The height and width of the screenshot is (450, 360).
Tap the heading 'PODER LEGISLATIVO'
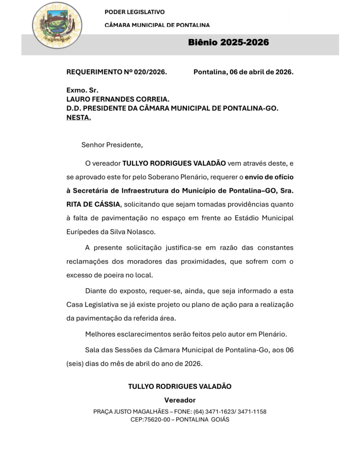pyautogui.click(x=135, y=12)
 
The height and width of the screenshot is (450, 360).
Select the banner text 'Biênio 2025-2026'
pyautogui.click(x=228, y=43)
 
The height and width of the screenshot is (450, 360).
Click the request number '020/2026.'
pyautogui.click(x=151, y=72)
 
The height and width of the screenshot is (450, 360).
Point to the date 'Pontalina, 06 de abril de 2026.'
pyautogui.click(x=243, y=72)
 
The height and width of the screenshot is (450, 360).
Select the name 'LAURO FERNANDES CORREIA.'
pyautogui.click(x=118, y=100)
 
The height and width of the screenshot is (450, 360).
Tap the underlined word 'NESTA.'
pyautogui.click(x=79, y=118)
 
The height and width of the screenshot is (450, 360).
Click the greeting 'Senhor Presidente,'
pyautogui.click(x=112, y=145)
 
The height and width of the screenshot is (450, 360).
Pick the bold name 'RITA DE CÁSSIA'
pyautogui.click(x=92, y=204)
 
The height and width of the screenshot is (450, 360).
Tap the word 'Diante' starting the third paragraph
pyautogui.click(x=95, y=291)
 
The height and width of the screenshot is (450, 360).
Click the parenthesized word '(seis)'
pyautogui.click(x=75, y=363)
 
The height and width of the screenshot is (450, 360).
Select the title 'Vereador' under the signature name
pyautogui.click(x=180, y=400)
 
